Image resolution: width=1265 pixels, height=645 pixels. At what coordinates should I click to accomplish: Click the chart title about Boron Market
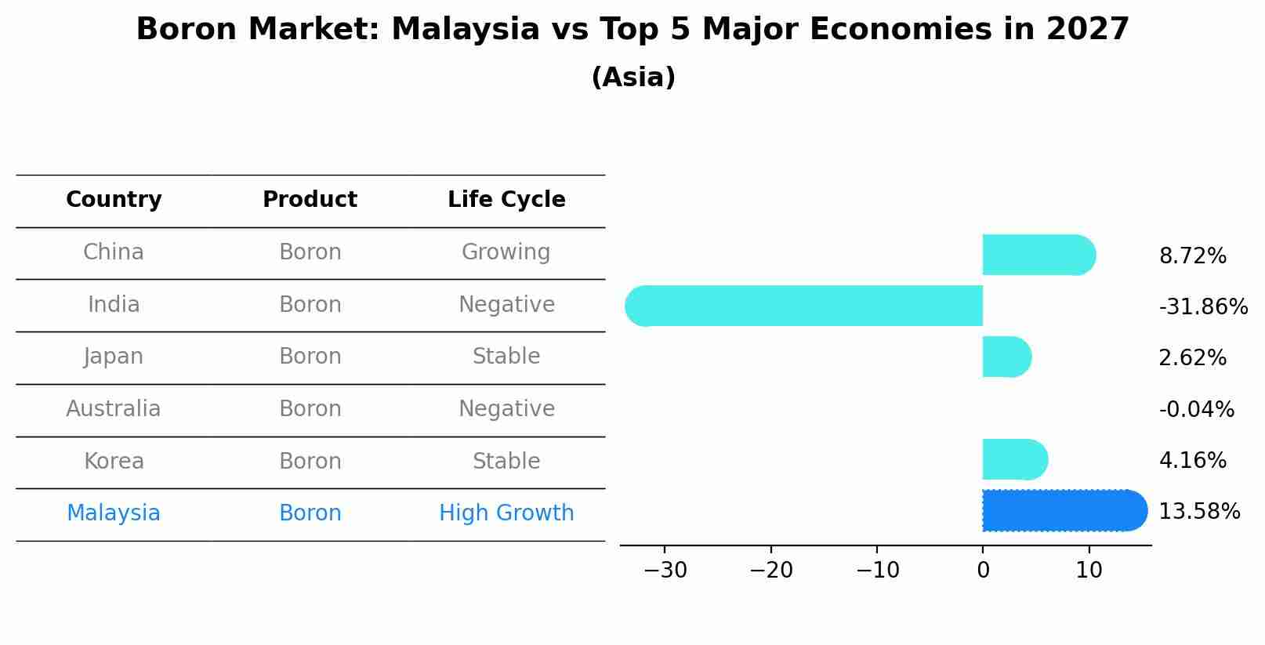tap(632, 30)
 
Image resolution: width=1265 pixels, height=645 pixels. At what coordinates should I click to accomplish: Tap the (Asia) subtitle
tap(633, 78)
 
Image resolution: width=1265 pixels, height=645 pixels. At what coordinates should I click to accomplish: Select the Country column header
tap(114, 200)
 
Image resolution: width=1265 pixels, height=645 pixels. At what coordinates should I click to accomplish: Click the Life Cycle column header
tap(506, 200)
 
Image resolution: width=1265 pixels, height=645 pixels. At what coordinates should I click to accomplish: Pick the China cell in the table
tap(114, 252)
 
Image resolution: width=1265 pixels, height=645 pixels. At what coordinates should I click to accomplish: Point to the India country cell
tap(114, 305)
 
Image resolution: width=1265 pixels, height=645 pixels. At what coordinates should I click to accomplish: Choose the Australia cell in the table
tap(114, 409)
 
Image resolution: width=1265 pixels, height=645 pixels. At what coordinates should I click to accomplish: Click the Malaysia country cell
tap(114, 513)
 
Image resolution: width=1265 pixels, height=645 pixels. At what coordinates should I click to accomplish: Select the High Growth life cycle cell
tap(506, 513)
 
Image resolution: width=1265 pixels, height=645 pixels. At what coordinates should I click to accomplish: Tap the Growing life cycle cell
tap(506, 252)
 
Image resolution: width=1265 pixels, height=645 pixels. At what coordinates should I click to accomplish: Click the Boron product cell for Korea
tap(310, 462)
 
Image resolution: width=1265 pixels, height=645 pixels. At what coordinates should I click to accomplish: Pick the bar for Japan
tap(1006, 357)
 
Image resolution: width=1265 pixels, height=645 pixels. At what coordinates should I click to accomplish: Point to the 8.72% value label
tap(1192, 256)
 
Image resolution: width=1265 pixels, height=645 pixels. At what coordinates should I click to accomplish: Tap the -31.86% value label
tap(1203, 307)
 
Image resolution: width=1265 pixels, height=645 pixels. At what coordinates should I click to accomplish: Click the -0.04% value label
tap(1196, 410)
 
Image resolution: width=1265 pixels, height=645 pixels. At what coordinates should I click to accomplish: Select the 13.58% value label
tap(1199, 512)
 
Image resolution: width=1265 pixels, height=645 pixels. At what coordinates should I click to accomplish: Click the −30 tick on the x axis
tap(665, 571)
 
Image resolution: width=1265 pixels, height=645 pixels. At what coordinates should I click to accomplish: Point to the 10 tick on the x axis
tap(1089, 571)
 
